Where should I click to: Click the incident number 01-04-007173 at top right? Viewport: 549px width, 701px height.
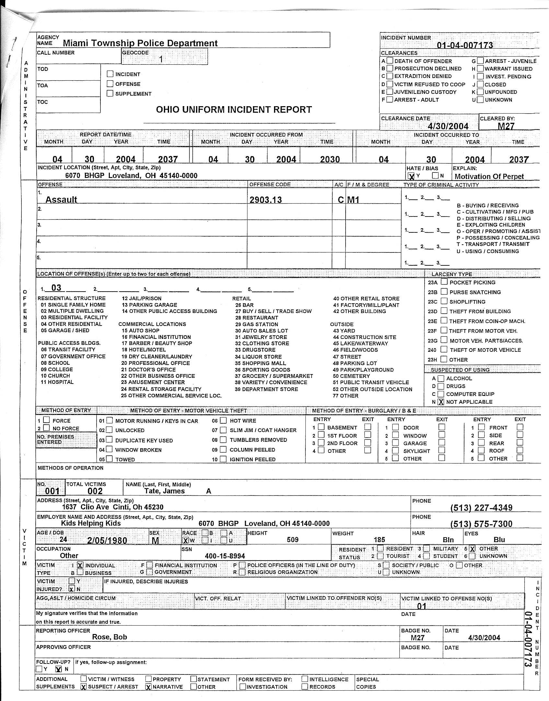pos(465,45)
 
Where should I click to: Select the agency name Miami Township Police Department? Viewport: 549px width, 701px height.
pos(140,43)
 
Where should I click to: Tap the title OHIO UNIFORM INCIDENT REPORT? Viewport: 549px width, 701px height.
pos(234,110)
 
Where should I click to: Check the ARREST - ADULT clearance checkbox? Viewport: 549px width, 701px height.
pos(390,100)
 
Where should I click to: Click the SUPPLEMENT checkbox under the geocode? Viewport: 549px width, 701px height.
pos(110,94)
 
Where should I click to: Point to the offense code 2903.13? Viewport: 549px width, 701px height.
pos(266,200)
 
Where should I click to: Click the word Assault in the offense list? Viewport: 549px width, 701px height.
pos(61,200)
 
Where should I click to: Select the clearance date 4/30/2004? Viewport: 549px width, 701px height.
pos(448,126)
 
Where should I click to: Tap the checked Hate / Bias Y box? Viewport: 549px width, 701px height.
pos(411,176)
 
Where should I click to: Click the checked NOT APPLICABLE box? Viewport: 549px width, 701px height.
pos(441,402)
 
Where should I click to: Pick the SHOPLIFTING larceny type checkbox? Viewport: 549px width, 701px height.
pos(444,301)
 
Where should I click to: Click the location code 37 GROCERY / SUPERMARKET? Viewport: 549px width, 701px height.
pos(274,376)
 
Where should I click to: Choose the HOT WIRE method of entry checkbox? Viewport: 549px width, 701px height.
pos(223,421)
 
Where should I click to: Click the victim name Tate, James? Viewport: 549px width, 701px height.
pos(165,491)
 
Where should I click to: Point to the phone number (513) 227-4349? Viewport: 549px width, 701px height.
pos(481,508)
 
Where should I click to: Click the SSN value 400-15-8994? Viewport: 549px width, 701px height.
pos(225,556)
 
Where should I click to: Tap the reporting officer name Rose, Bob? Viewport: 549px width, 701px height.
pos(109,637)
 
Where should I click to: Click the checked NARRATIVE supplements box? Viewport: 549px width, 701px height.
pos(149,687)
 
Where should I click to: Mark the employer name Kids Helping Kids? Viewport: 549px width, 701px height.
pos(91,523)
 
